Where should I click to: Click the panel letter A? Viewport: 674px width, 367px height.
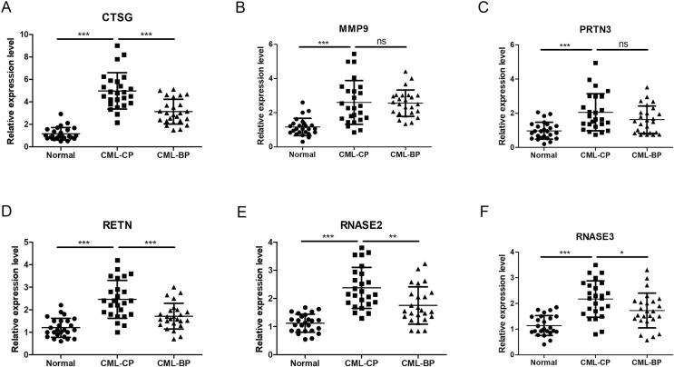pyautogui.click(x=7, y=7)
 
